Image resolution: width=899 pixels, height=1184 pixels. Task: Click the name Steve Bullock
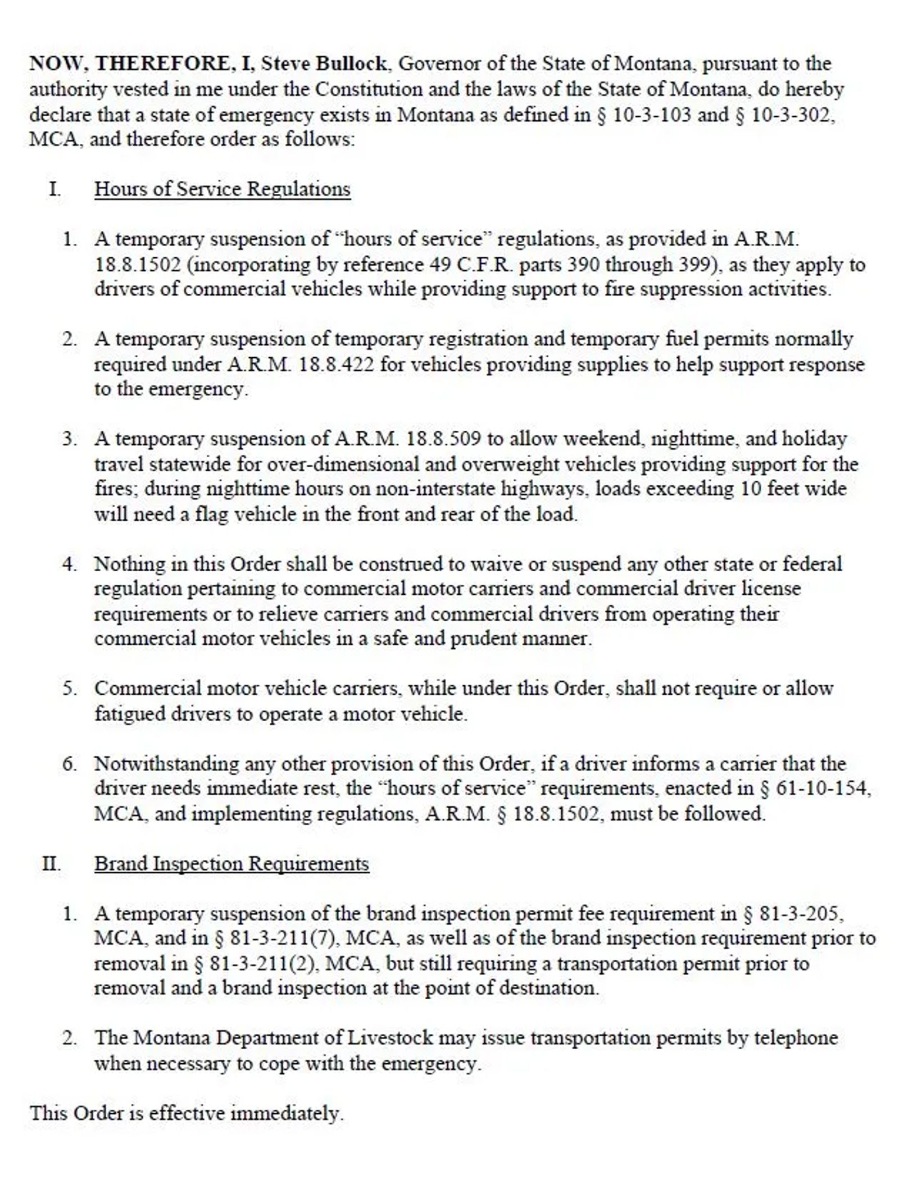[x=324, y=63]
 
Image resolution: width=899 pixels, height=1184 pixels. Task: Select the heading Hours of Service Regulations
[x=222, y=189]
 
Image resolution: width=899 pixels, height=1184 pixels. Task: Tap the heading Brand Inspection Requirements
[x=231, y=864]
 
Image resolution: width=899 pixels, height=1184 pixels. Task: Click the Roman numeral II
[x=51, y=864]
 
